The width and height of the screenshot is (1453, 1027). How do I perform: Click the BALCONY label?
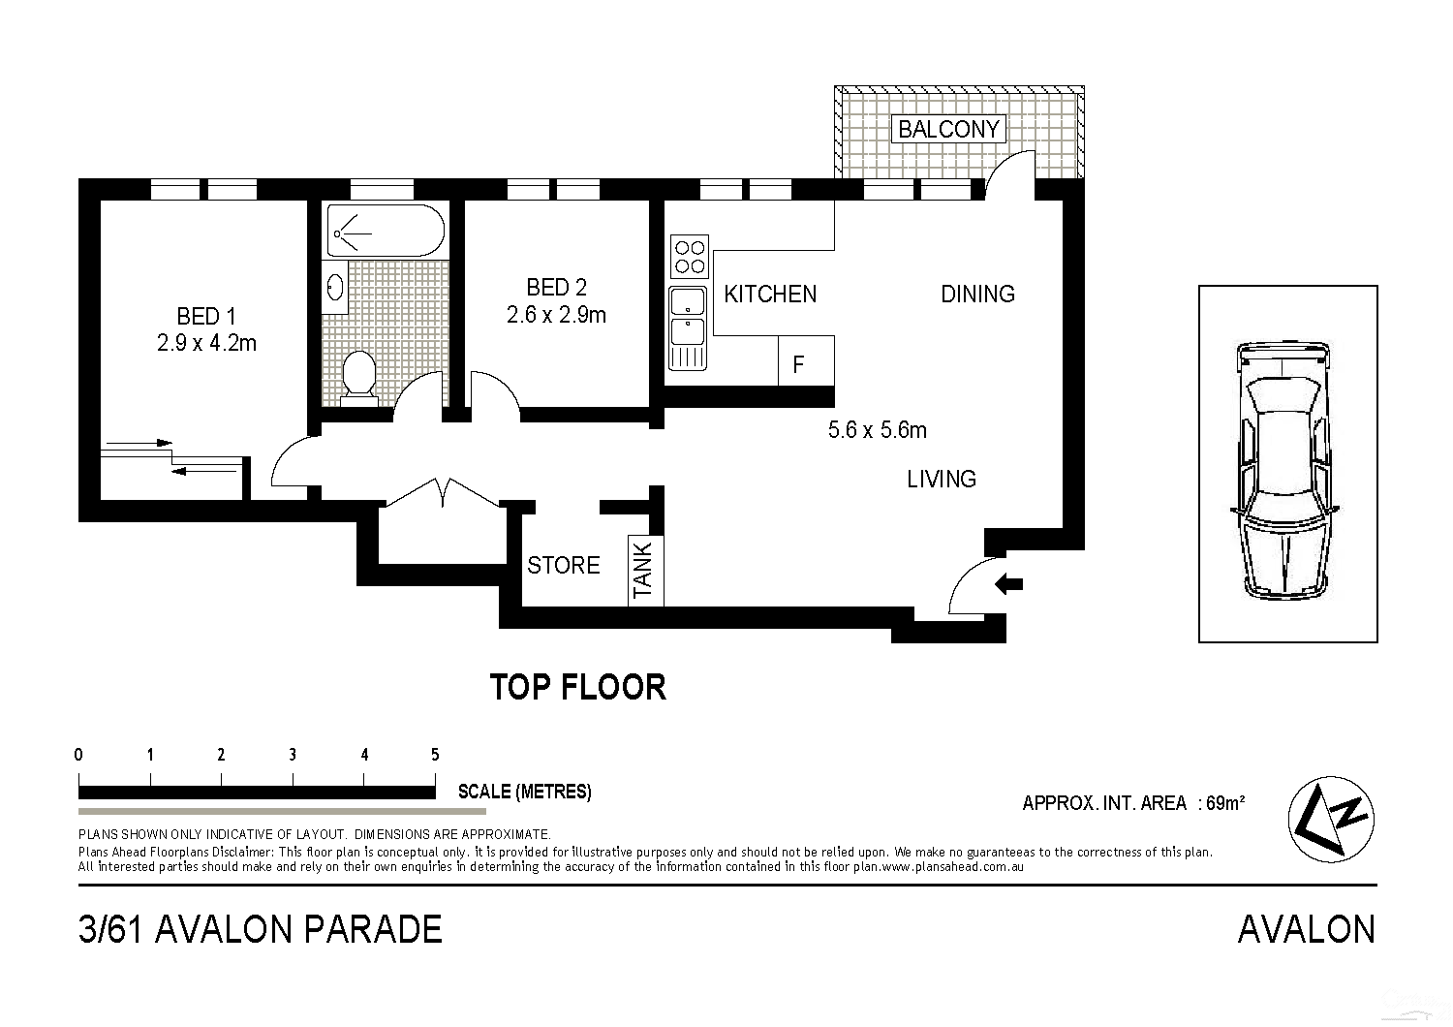click(x=947, y=129)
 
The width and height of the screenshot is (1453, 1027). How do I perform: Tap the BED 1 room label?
click(x=205, y=316)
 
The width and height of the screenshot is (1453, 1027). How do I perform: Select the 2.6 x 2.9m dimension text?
click(x=556, y=315)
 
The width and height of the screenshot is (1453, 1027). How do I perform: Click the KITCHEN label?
click(x=770, y=294)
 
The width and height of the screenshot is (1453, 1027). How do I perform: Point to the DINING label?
click(x=977, y=294)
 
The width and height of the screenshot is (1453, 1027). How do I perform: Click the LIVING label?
click(x=941, y=479)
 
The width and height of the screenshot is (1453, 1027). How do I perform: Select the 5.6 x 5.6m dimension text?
click(x=877, y=430)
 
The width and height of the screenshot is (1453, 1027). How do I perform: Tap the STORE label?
click(x=563, y=565)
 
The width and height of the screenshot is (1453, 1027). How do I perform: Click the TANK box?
click(x=644, y=570)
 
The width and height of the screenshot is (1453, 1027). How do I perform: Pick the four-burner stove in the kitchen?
click(x=689, y=256)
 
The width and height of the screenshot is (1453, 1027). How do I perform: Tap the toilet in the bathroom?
click(x=360, y=375)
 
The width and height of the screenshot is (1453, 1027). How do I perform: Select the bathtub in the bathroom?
click(x=386, y=231)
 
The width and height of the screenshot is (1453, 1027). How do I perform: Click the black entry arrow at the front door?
click(x=1010, y=584)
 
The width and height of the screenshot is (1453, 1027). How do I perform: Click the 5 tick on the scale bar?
click(x=435, y=755)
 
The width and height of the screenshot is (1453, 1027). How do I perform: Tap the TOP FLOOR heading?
click(x=577, y=687)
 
